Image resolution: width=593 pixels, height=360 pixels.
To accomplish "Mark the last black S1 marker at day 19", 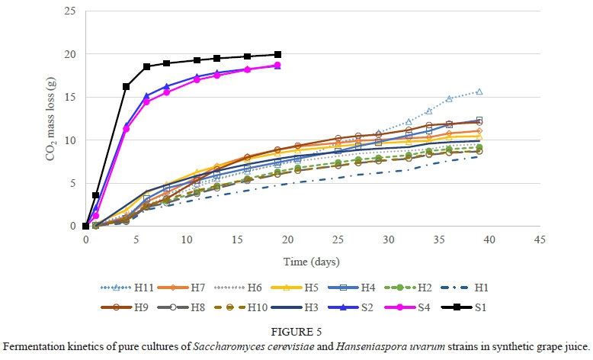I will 278,54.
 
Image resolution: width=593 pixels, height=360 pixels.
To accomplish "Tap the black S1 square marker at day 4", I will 127,86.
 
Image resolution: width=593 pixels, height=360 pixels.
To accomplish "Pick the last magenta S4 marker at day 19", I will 278,66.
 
